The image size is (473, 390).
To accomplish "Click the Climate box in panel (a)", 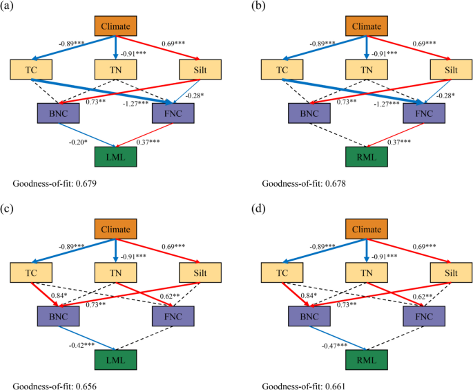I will point(115,26).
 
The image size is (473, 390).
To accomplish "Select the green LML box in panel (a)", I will point(115,157).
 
